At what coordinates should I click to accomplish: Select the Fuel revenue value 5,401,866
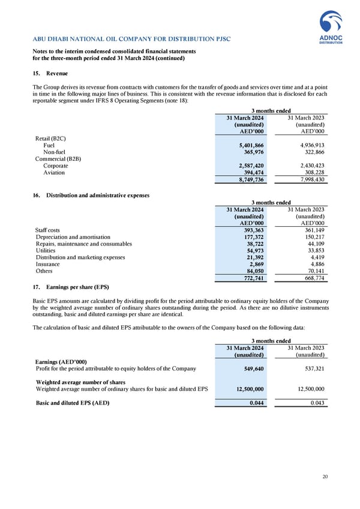click(x=248, y=145)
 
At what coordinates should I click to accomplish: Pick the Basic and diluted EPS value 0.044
click(x=256, y=403)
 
